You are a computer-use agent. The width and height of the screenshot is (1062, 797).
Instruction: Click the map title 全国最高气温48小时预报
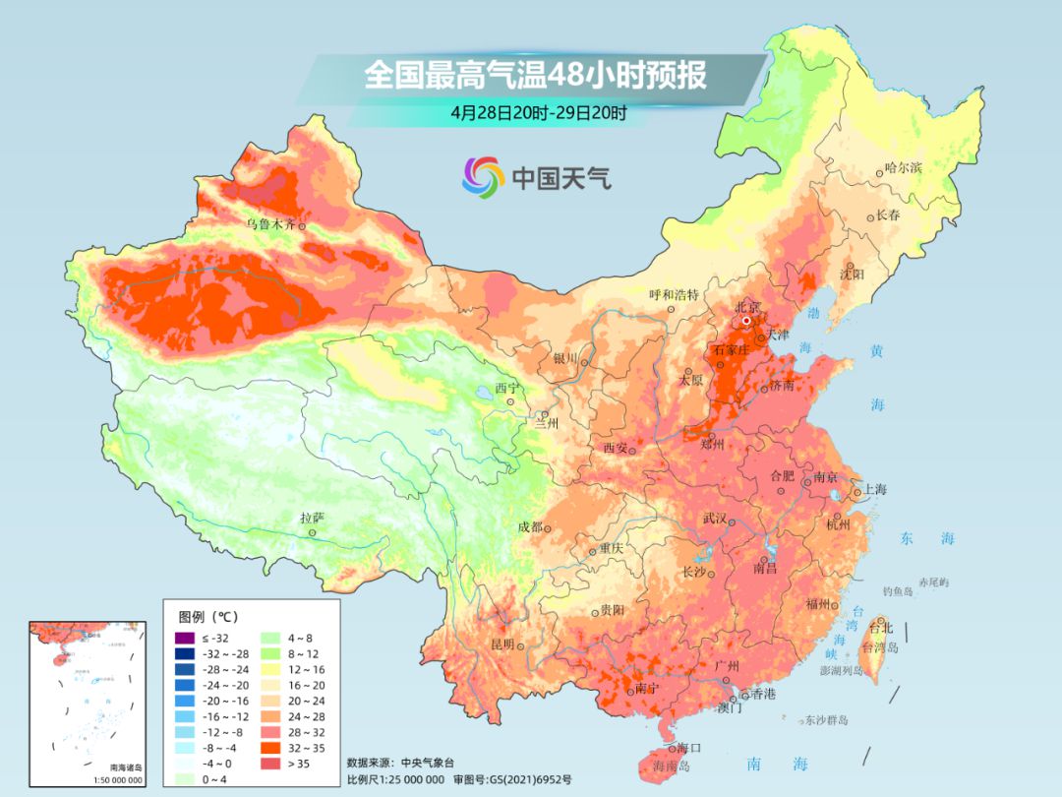pos(535,76)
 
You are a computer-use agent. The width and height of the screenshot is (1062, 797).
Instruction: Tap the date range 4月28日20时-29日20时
pos(539,112)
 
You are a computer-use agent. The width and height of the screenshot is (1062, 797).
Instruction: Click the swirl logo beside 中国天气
pos(483,177)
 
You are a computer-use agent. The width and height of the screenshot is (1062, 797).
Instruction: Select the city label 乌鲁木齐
pos(270,224)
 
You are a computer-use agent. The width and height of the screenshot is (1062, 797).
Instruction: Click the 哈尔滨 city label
pos(903,168)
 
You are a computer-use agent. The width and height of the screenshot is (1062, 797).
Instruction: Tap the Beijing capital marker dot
pos(746,321)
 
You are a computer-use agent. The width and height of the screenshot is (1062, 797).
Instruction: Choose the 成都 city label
pos(530,526)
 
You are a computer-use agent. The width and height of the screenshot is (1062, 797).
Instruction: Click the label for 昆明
pos(501,644)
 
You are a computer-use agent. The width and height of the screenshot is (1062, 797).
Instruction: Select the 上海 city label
pos(874,490)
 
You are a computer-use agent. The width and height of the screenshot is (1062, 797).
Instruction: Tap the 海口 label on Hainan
pos(689,749)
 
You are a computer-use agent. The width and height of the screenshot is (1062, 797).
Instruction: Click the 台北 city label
pos(881,628)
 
